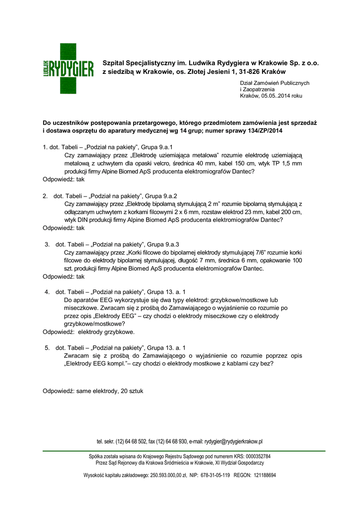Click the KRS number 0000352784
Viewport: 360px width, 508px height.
pyautogui.click(x=255, y=456)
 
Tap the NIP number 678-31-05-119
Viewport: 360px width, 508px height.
pyautogui.click(x=215, y=475)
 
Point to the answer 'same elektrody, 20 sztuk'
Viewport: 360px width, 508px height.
pyautogui.click(x=110, y=391)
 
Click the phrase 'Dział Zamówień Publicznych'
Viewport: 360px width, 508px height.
pyautogui.click(x=275, y=82)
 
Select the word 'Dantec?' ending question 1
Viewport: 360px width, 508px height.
pyautogui.click(x=243, y=171)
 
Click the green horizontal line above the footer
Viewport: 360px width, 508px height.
pyautogui.click(x=184, y=451)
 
